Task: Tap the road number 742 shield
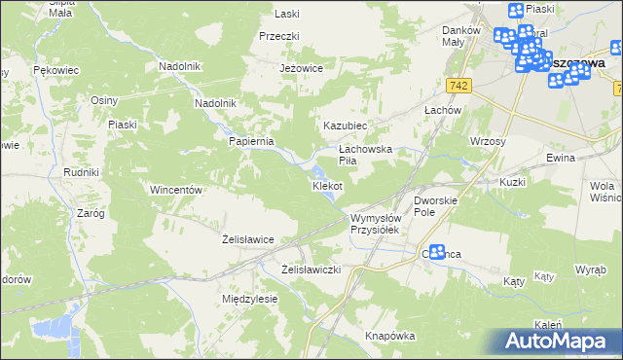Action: tap(460, 86)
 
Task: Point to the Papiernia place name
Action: tap(252, 141)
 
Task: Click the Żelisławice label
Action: tap(247, 238)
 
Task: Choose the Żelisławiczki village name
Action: tap(311, 269)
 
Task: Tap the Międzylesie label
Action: tap(250, 299)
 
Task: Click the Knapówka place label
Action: tap(390, 336)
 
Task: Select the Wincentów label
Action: tap(175, 190)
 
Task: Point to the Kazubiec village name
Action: tap(345, 126)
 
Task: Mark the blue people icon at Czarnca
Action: tap(438, 252)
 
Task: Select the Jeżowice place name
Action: tap(301, 68)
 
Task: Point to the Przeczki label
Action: tap(277, 36)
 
